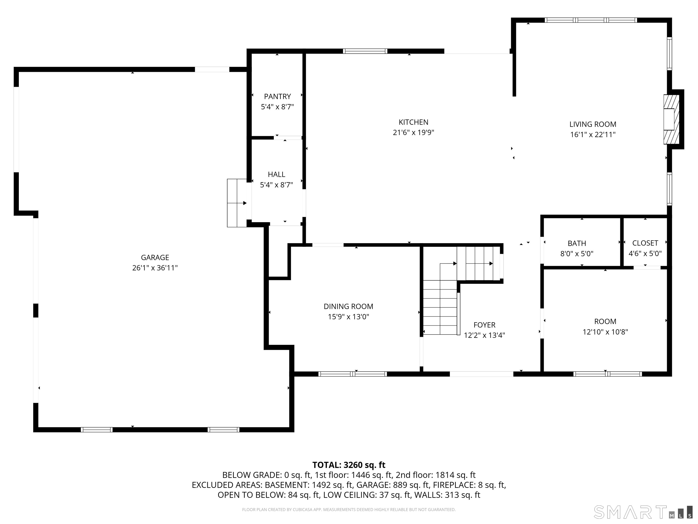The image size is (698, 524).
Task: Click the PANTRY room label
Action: [277, 96]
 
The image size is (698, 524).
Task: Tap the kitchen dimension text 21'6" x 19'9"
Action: [413, 133]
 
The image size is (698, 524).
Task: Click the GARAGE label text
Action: [155, 257]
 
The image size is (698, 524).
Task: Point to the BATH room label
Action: [577, 243]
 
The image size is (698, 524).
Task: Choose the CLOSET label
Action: [645, 243]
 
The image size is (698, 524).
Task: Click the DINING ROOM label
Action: [348, 306]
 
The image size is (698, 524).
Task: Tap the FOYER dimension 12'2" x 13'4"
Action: [484, 335]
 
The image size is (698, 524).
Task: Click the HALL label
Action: [277, 174]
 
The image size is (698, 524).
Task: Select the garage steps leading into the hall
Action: [237, 203]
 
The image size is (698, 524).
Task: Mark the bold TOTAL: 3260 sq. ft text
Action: [349, 465]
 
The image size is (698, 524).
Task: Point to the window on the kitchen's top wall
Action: [365, 51]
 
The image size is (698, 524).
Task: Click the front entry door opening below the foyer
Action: [481, 374]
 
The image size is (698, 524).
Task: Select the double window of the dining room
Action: [352, 374]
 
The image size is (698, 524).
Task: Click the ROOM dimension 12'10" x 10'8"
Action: [605, 332]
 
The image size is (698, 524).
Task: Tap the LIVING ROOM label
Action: [593, 124]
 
